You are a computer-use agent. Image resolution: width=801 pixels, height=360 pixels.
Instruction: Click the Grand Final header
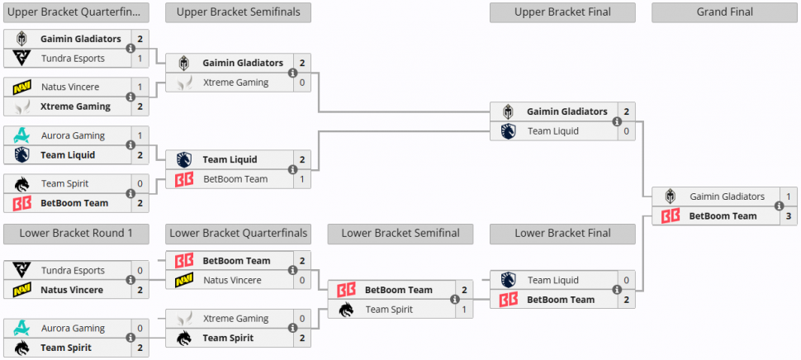click(724, 12)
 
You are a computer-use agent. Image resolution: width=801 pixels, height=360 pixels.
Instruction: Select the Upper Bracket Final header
click(562, 12)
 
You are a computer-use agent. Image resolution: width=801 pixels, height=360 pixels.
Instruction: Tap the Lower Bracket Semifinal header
click(400, 234)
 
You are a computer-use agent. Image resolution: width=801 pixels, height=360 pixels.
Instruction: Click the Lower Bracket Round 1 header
click(76, 234)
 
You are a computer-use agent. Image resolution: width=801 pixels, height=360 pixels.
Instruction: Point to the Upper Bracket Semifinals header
click(238, 12)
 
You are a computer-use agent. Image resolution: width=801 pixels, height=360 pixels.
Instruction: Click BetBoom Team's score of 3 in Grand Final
click(789, 216)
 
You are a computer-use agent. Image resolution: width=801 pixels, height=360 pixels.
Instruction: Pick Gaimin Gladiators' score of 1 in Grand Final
click(789, 197)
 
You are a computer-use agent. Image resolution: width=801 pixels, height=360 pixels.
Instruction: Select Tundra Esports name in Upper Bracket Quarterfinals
click(73, 59)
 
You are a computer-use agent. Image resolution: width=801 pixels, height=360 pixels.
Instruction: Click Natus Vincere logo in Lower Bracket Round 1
click(22, 290)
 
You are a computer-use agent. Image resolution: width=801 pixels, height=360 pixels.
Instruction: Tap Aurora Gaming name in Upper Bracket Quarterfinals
click(73, 135)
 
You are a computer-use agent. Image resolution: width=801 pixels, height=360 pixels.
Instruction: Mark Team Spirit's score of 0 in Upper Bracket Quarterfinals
click(140, 183)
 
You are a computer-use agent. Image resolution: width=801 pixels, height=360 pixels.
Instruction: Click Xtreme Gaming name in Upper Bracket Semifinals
click(235, 83)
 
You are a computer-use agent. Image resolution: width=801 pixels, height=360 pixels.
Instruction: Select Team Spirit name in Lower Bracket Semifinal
click(390, 310)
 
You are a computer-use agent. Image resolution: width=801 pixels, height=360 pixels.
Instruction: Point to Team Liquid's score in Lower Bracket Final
click(627, 281)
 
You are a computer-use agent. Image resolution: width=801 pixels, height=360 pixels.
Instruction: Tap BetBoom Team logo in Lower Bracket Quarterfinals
click(184, 261)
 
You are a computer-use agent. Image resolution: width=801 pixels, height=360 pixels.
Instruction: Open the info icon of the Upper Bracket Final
click(617, 121)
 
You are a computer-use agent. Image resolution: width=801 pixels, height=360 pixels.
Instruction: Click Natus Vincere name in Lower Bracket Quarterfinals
click(232, 281)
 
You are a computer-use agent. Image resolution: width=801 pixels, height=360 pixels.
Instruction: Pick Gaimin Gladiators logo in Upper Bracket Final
click(509, 111)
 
